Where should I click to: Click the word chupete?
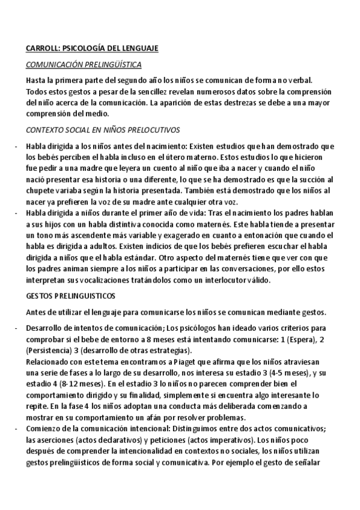pos(40,190)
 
